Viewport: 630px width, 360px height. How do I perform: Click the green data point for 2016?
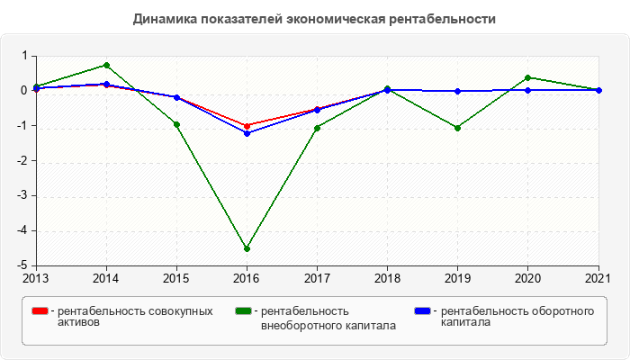[x=247, y=248]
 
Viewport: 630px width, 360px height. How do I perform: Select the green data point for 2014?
[x=106, y=65]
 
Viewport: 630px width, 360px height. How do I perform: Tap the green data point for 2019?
[x=458, y=128]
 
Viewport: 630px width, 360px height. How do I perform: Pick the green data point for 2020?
[x=527, y=77]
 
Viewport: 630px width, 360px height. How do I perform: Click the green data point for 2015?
[x=176, y=124]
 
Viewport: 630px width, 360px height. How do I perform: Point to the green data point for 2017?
[x=317, y=128]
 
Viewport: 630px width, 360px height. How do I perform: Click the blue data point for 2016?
[x=247, y=133]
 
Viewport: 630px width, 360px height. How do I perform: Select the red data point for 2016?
[x=247, y=126]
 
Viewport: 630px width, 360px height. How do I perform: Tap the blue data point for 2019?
[x=458, y=91]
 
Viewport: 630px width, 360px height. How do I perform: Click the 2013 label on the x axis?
[x=36, y=277]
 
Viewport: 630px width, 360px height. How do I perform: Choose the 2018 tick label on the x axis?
[x=387, y=277]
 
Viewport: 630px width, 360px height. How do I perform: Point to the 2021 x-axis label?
[x=598, y=277]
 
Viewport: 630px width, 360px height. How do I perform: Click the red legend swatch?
[x=40, y=311]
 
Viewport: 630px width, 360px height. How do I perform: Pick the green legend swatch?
[x=243, y=311]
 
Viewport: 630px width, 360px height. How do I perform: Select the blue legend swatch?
[x=421, y=311]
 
